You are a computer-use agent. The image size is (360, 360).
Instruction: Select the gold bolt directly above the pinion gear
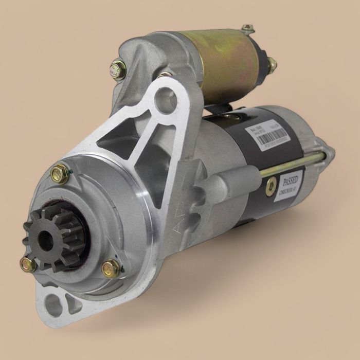coord(60,173)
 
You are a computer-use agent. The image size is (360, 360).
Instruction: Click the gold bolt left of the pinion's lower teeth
coord(28,265)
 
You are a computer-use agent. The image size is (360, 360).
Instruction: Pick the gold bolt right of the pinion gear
coord(111,268)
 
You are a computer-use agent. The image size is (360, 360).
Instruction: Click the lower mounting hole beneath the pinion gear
coord(55,304)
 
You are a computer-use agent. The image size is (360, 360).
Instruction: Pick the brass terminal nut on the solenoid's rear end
coord(271,64)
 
